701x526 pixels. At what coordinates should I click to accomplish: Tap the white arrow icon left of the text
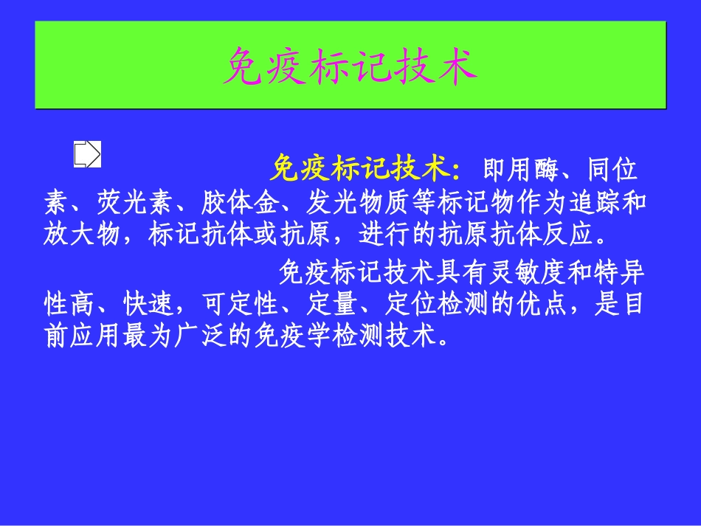[x=87, y=153]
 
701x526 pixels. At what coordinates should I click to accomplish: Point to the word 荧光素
[x=137, y=204]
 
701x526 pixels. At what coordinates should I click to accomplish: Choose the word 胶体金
[x=241, y=204]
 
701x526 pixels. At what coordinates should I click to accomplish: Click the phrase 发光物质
[x=357, y=204]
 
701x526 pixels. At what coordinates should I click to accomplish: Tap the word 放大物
[x=83, y=235]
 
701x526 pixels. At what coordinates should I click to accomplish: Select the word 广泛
[x=200, y=339]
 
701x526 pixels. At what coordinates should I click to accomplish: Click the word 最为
[x=148, y=339]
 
